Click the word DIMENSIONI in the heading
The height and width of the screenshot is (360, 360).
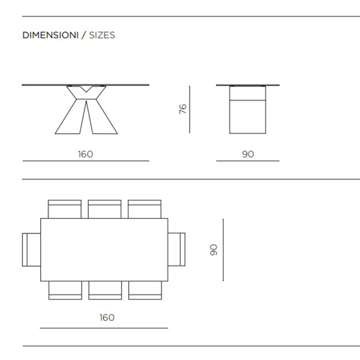50,35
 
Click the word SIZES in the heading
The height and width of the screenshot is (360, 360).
102,35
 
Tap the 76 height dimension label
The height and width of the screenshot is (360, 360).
183,109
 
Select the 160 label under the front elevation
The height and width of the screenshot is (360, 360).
85,154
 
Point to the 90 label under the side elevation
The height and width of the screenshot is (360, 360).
248,154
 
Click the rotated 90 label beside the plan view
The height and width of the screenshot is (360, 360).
214,250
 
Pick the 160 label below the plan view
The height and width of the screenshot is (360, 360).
107,317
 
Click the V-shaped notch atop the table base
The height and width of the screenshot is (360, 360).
86,89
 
